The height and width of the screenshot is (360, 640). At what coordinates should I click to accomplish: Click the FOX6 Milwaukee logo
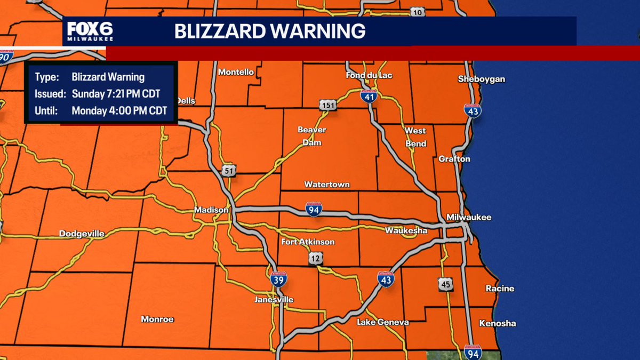[90, 32]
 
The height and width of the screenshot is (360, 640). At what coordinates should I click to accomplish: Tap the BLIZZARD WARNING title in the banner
[270, 31]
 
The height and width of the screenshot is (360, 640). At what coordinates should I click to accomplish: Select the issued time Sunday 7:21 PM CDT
[116, 94]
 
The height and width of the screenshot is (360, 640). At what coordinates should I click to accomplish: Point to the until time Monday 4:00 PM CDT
[119, 111]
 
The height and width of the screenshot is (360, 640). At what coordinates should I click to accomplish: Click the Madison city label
[211, 210]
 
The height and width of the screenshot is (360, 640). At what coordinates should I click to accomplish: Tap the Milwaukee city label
[469, 218]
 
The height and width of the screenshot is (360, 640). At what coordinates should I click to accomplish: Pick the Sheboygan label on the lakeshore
[481, 79]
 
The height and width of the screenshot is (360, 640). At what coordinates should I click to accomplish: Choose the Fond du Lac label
[369, 75]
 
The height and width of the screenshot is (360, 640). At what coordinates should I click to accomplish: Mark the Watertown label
[327, 185]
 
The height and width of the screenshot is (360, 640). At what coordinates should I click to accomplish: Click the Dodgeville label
[82, 234]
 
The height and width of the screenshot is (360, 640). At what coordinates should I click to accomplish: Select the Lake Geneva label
[382, 322]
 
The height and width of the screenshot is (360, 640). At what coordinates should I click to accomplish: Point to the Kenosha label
[497, 323]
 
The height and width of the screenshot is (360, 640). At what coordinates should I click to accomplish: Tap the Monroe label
[157, 319]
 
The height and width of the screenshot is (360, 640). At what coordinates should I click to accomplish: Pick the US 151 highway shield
[327, 105]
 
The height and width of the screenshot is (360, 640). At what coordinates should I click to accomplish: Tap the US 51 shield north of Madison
[228, 170]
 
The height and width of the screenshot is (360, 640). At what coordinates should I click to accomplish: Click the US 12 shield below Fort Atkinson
[315, 259]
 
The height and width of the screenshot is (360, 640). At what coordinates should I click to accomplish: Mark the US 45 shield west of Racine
[446, 284]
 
